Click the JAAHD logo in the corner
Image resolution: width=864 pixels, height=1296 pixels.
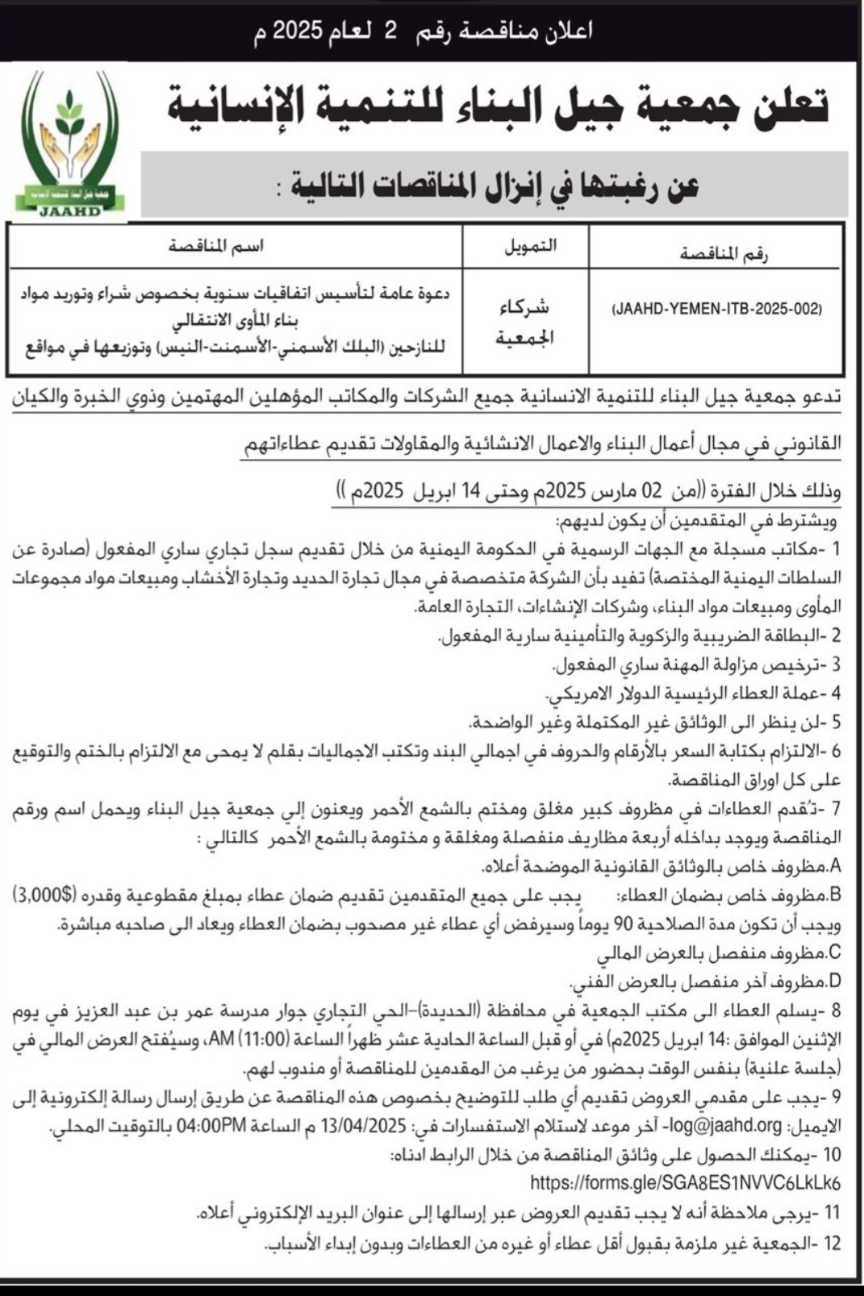pos(72,145)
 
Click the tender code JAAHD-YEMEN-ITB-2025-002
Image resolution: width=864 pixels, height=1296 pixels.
pos(716,308)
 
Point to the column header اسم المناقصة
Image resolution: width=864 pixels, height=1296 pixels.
pos(216,246)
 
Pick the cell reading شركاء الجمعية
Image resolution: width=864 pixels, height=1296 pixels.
pos(525,322)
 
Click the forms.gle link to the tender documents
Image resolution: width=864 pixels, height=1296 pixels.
pos(685,1183)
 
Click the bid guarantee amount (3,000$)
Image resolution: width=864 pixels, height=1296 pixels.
pos(45,894)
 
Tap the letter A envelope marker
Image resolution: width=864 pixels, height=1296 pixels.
pos(834,865)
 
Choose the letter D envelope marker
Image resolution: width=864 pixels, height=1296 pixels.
pos(834,981)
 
